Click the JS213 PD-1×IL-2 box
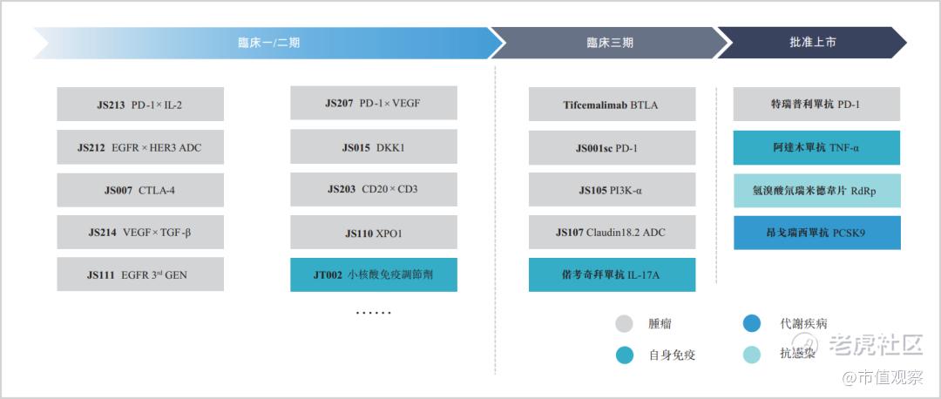(140, 105)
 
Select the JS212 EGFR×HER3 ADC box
(140, 147)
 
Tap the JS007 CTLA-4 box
(140, 190)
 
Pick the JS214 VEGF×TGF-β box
(140, 233)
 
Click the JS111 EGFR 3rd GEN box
(140, 274)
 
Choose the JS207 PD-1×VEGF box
(374, 103)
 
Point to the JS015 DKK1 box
(374, 146)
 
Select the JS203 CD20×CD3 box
(374, 190)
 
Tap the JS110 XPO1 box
(374, 233)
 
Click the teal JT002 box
(374, 274)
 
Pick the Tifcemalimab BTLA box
(613, 105)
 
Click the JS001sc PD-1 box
(613, 147)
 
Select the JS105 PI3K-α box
(613, 190)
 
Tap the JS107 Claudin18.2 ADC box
(613, 233)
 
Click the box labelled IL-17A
(613, 274)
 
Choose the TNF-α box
(816, 147)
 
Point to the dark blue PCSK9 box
(816, 233)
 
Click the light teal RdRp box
(816, 191)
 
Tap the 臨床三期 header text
(610, 43)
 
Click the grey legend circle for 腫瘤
(625, 324)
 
